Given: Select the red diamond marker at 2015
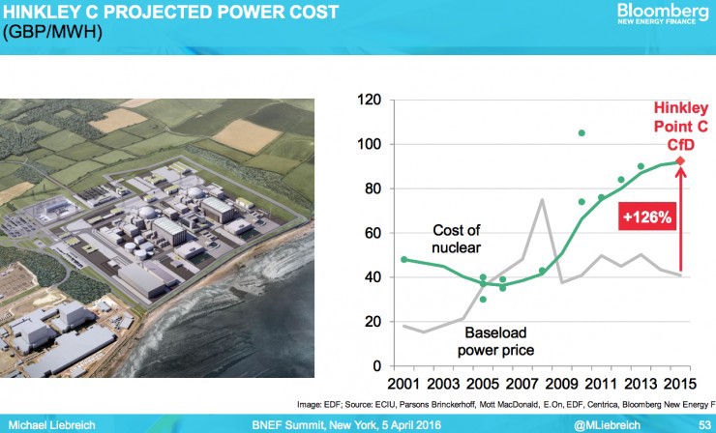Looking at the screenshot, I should click(x=680, y=161).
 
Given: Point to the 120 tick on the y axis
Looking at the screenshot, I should click(x=367, y=100).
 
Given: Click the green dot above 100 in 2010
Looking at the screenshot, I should click(x=582, y=133).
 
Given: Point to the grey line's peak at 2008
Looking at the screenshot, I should click(x=543, y=200).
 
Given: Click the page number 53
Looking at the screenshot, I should click(x=701, y=423).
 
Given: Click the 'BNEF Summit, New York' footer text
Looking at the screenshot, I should click(x=319, y=423).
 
